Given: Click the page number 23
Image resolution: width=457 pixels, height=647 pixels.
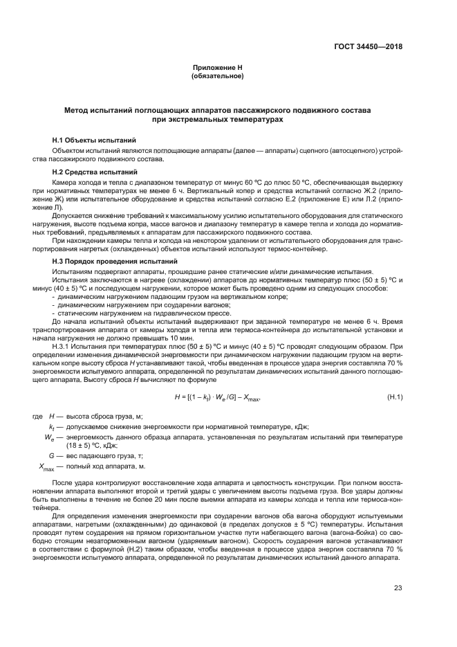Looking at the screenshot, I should coord(398,588).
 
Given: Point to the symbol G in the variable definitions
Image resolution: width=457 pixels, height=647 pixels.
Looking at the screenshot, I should coord(50,457).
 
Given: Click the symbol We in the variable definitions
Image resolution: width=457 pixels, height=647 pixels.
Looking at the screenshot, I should coord(48,437).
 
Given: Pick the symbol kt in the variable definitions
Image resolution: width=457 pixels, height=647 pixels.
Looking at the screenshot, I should coord(50,427).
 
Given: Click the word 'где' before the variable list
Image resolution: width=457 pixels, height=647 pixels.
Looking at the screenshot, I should coord(37,417).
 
